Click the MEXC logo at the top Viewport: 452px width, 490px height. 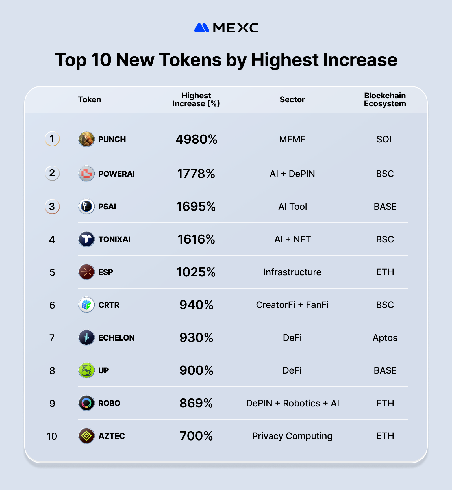pos(226,28)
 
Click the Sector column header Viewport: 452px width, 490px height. pos(292,100)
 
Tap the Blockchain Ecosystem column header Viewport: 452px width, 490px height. pos(385,100)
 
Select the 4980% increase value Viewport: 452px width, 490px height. pos(196,139)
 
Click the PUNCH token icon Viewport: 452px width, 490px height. pos(86,139)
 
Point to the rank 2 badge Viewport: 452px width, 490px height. pos(52,173)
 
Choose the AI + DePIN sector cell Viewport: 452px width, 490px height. pos(292,174)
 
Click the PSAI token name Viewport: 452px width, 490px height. pos(107,207)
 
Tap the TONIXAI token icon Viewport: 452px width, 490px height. pos(86,239)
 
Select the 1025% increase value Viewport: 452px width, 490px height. pos(196,272)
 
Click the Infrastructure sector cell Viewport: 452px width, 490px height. pos(292,272)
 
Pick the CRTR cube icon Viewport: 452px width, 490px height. pos(86,305)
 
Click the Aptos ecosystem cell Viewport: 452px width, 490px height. pos(385,338)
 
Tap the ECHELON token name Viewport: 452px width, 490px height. pos(116,338)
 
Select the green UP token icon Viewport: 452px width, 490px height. pos(86,370)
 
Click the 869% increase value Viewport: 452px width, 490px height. pos(196,403)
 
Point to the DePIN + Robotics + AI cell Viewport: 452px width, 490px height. pos(292,403)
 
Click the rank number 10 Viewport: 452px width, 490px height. pos(52,436)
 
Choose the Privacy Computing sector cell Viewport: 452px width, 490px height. pos(292,436)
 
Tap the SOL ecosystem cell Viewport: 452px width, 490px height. pos(385,139)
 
